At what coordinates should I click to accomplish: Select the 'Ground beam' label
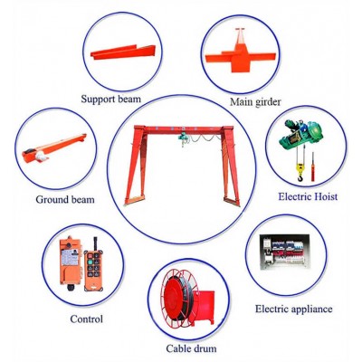coord(65,198)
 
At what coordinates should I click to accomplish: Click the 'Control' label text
coord(86,319)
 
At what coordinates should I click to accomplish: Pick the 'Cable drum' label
coord(190,348)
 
